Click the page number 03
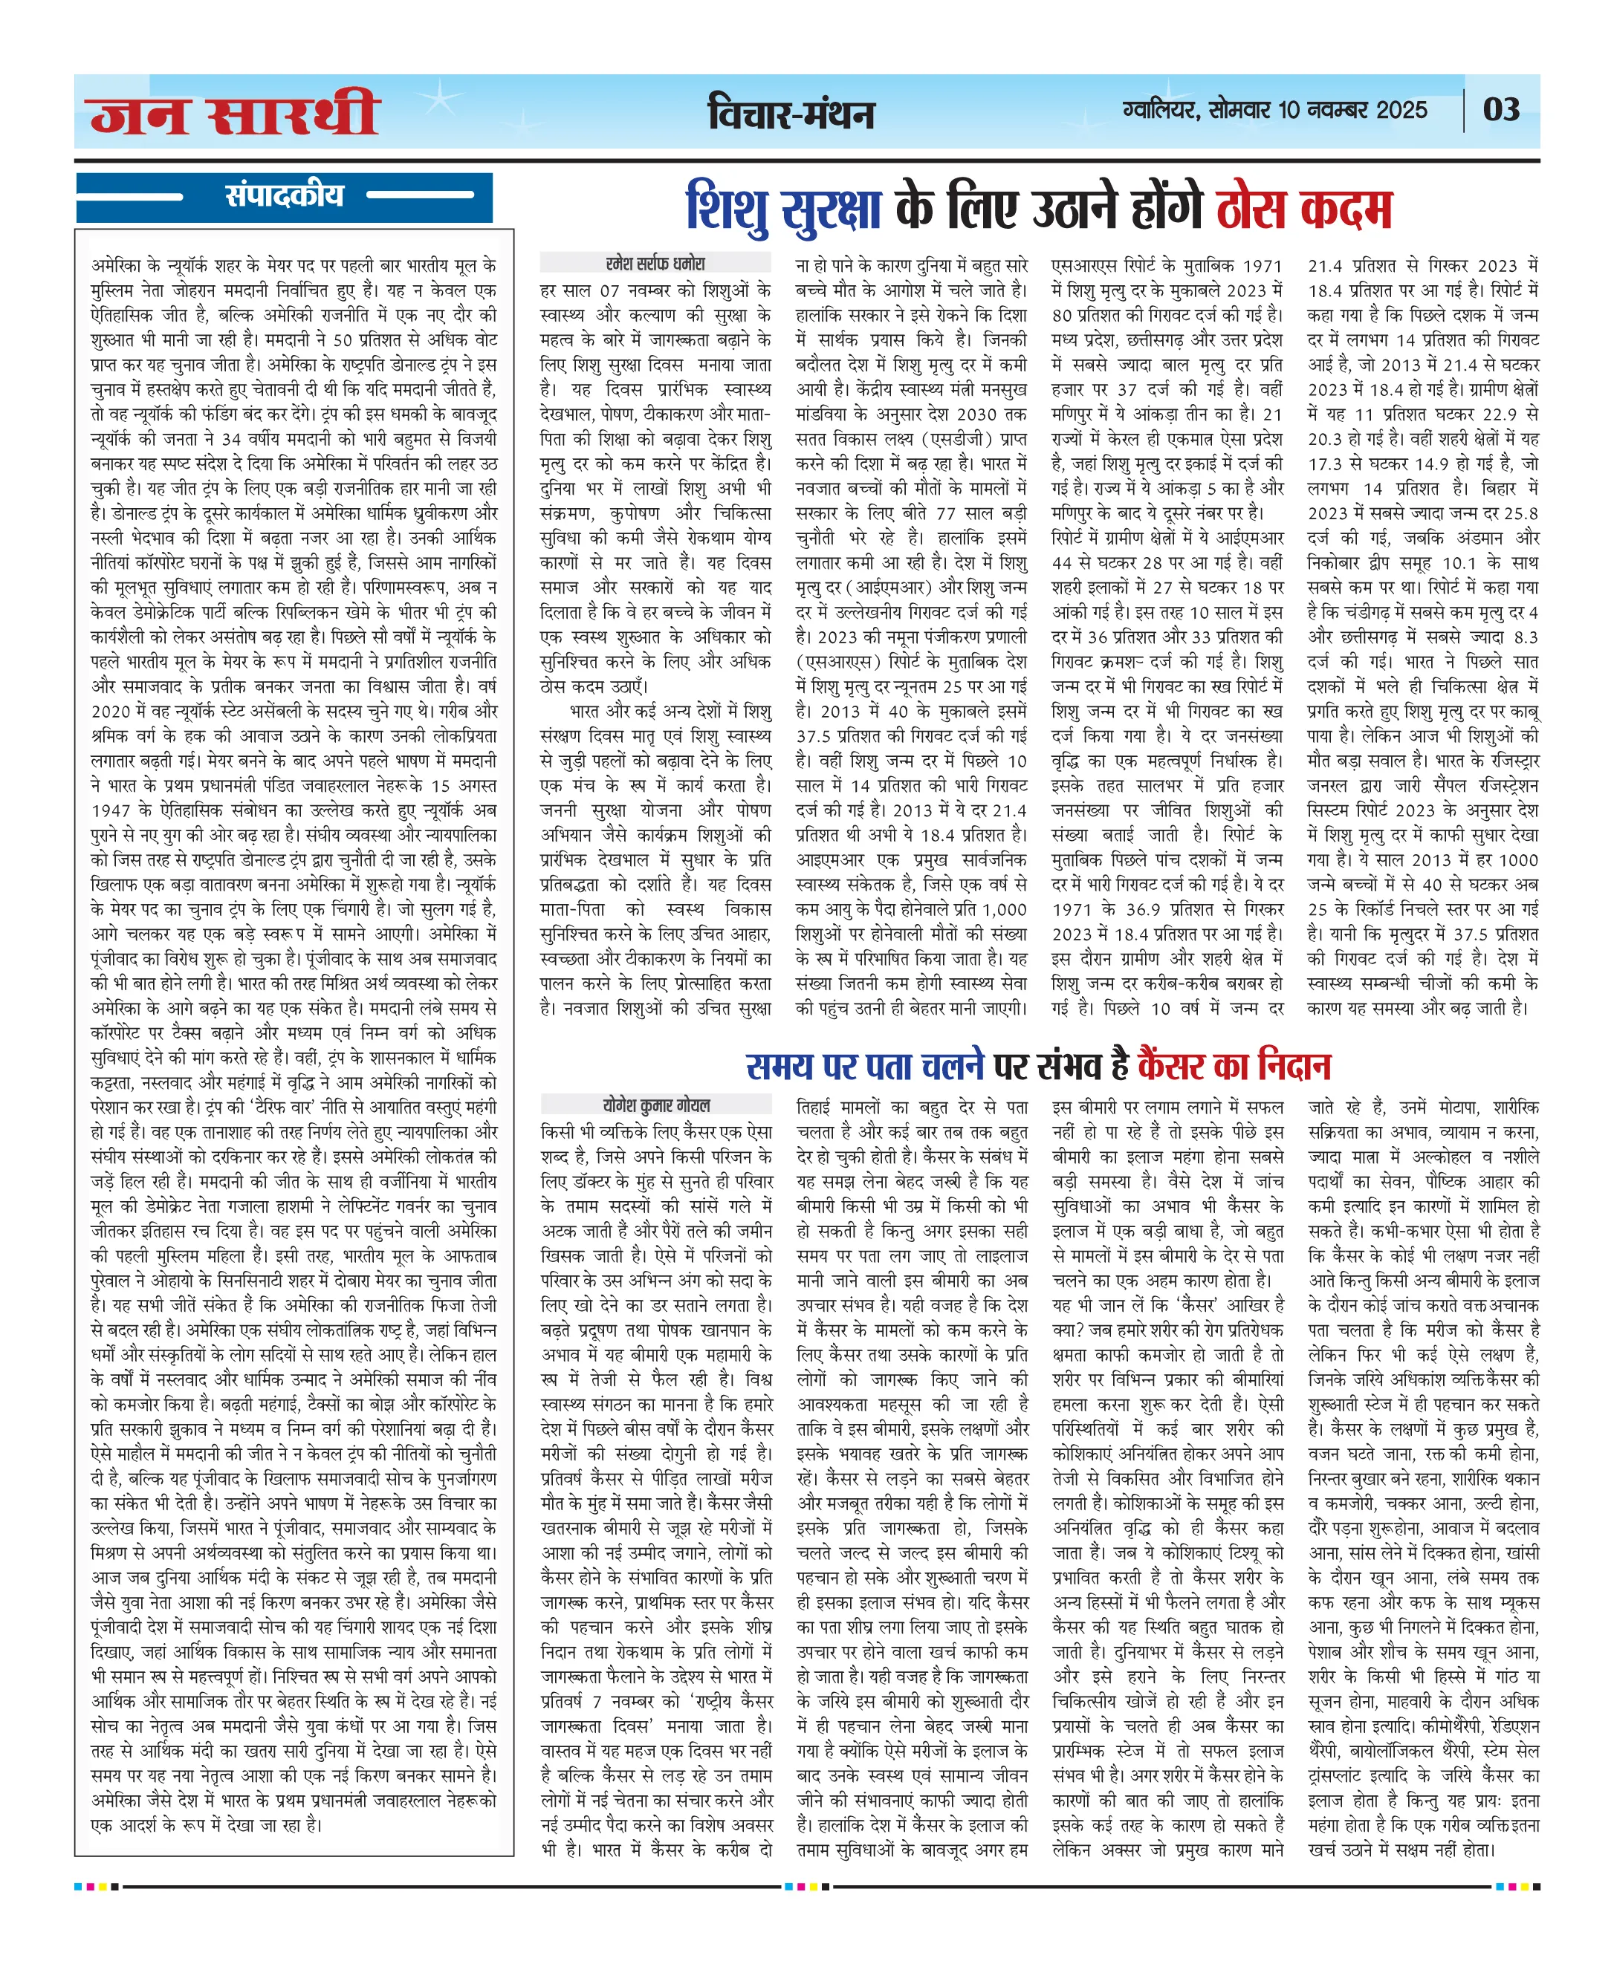1500,110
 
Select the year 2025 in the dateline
1401,110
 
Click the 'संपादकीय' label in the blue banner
284,195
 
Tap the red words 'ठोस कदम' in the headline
1304,208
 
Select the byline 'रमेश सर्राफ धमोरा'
655,263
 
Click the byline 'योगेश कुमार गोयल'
656,1105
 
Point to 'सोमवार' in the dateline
1239,110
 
